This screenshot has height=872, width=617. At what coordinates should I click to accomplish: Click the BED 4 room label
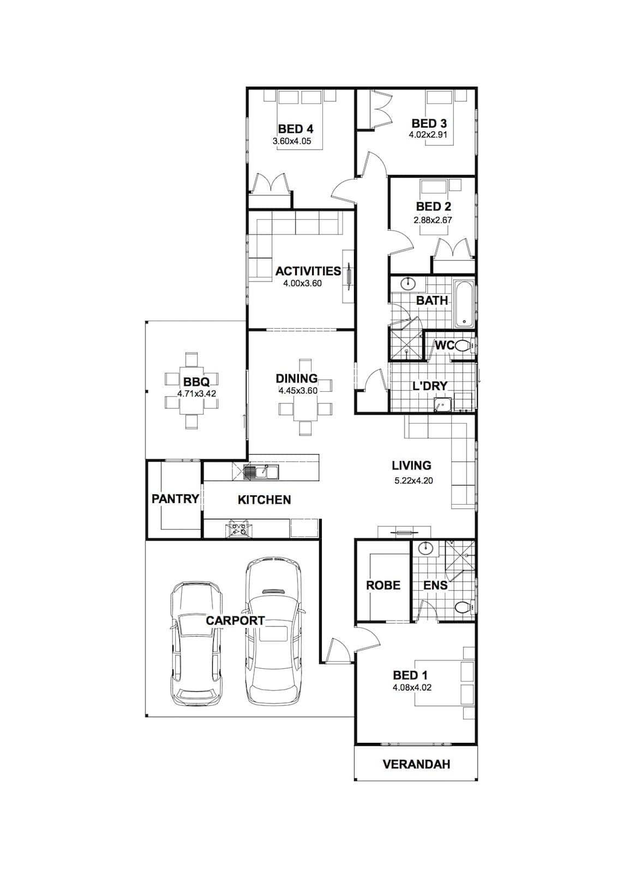click(x=296, y=129)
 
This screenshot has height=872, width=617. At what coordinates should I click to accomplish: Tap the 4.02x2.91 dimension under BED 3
click(x=428, y=135)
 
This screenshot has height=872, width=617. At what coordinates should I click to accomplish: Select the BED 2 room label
click(x=434, y=207)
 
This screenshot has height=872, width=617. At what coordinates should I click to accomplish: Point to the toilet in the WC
click(x=464, y=346)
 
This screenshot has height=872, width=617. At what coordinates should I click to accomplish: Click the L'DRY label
click(x=430, y=386)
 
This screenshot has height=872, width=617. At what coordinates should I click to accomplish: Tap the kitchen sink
click(x=261, y=472)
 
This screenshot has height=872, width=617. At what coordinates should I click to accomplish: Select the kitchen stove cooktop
click(x=238, y=528)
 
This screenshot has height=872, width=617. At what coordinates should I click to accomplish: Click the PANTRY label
click(x=175, y=499)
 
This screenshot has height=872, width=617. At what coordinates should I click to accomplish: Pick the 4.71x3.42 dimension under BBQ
click(x=197, y=393)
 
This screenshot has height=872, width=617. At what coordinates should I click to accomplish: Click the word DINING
click(x=297, y=378)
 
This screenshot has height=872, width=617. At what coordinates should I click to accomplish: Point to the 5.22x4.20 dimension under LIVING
click(x=414, y=481)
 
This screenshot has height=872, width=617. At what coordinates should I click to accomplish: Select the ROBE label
click(x=383, y=585)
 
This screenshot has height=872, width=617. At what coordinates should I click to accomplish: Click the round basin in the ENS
click(x=426, y=548)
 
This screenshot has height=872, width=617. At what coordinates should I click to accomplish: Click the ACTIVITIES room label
click(x=308, y=271)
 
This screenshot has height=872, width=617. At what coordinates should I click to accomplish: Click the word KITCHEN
click(x=264, y=500)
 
